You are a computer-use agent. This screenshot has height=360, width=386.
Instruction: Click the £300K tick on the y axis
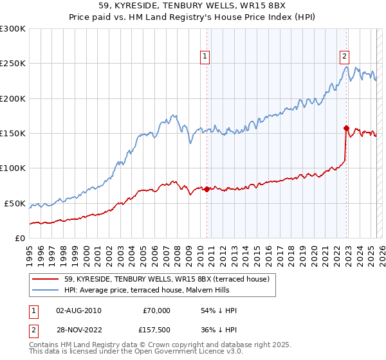point(13,29)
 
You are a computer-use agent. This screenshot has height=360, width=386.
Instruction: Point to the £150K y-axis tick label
point(13,133)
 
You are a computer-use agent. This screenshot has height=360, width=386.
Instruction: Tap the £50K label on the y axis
point(15,203)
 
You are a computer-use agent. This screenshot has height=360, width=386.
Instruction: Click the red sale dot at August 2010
point(207,189)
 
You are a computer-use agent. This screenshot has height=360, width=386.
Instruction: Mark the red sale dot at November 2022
point(346,128)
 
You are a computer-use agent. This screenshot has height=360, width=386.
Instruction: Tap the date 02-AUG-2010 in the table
point(78,310)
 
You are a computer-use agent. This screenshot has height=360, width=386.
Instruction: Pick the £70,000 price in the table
point(156,310)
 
